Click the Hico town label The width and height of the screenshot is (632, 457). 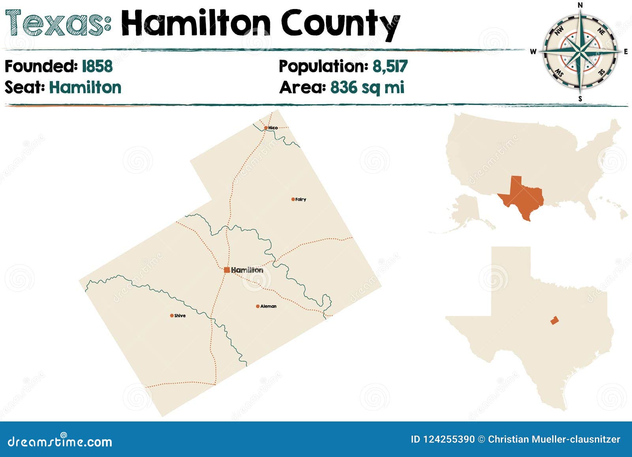273,128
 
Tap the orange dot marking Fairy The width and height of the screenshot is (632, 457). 293,199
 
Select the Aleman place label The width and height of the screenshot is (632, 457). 268,307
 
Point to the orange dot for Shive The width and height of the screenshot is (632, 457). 172,316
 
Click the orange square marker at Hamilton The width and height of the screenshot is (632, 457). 227,270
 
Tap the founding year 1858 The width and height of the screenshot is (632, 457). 97,66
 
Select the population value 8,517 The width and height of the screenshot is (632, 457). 390,66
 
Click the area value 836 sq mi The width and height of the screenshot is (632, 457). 367,87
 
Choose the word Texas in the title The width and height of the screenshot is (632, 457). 58,24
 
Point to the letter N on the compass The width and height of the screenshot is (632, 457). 580,5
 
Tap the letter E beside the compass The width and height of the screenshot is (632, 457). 626,51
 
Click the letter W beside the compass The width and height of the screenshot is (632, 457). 533,51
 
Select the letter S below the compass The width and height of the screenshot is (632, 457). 580,99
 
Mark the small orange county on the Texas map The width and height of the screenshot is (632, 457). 555,320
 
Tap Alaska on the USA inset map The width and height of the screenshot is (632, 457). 466,213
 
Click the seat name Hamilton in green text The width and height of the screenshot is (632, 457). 85,87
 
